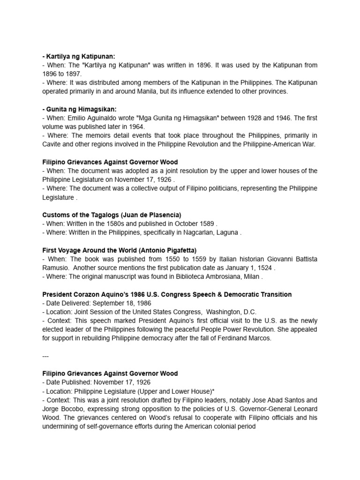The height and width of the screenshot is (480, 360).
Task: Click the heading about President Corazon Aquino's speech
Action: click(167, 294)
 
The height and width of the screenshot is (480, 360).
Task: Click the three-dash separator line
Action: click(45, 356)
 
